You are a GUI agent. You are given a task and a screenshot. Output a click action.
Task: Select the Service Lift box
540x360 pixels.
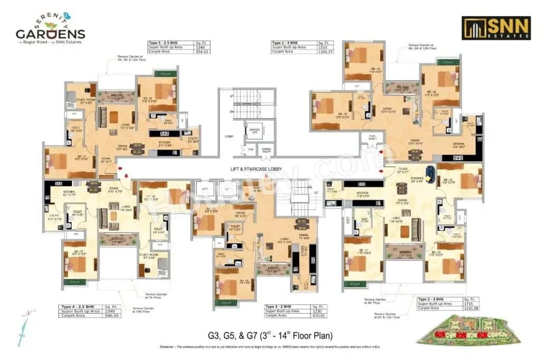coord(254,130)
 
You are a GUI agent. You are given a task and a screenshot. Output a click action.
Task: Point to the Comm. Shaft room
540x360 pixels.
coord(266,150)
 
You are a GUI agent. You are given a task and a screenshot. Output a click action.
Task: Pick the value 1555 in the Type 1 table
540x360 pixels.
coord(323,47)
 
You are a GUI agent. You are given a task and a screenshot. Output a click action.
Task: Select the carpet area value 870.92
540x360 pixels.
coord(320,315)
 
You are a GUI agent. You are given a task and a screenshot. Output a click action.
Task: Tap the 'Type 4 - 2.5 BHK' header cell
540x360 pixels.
coord(79,306)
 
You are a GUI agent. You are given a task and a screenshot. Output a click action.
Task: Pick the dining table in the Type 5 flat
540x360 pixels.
coord(137,149)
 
